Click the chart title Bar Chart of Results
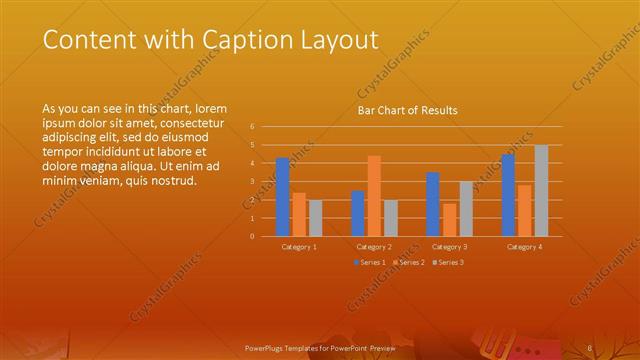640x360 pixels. tap(407, 111)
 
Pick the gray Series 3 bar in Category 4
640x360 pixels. tap(541, 190)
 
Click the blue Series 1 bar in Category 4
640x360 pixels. tap(508, 195)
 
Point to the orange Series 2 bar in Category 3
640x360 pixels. tap(450, 219)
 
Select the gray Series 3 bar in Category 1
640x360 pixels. tap(315, 217)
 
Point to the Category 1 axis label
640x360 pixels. tap(299, 246)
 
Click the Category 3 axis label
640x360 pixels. tap(450, 246)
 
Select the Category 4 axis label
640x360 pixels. tap(524, 246)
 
